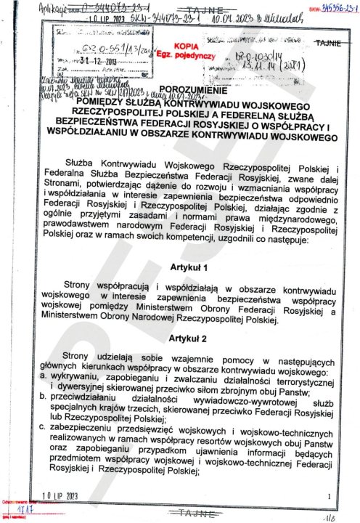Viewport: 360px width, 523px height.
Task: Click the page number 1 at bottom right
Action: click(x=328, y=495)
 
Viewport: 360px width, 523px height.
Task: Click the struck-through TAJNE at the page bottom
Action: click(x=192, y=511)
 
